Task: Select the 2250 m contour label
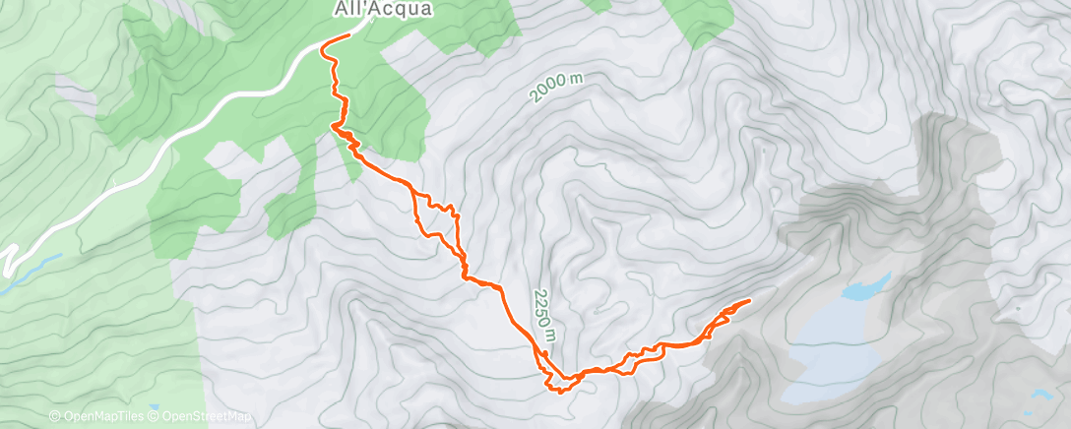pos(544,316)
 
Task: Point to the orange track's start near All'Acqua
pos(349,35)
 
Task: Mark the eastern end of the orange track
pos(750,300)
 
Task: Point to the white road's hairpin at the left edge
pos(8,258)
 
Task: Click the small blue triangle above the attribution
pos(153,406)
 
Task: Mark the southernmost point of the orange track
pos(560,392)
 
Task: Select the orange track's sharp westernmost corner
pos(332,126)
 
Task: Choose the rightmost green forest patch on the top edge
pos(699,20)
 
